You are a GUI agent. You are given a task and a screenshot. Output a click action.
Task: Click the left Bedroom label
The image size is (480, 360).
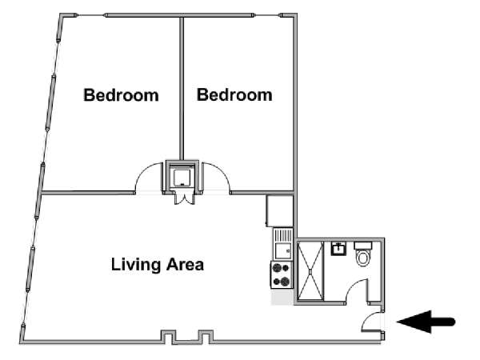(122, 95)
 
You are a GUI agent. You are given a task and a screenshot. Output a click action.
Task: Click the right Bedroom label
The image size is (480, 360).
(234, 95)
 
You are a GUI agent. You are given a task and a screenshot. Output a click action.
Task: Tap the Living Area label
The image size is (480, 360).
(158, 265)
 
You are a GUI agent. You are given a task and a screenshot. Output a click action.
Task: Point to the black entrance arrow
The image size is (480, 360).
(426, 322)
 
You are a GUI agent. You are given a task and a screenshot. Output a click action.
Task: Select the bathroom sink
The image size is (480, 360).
(338, 249)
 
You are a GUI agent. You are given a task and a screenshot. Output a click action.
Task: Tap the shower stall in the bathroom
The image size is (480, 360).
(310, 270)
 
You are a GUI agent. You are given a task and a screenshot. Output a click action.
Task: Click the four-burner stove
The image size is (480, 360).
(282, 274)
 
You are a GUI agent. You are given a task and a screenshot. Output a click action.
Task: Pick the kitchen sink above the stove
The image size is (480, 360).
(283, 244)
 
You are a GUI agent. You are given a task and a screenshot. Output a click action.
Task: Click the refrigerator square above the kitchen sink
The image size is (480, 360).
(280, 211)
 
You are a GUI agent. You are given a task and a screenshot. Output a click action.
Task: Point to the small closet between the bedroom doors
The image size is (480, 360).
(182, 177)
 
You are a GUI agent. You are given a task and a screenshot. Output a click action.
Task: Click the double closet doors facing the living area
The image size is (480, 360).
(184, 199)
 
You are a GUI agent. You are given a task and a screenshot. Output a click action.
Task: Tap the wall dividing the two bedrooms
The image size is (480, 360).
(182, 89)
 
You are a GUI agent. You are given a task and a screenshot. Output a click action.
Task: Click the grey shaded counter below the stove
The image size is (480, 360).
(282, 297)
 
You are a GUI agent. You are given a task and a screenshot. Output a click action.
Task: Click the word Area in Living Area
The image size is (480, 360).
(185, 264)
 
